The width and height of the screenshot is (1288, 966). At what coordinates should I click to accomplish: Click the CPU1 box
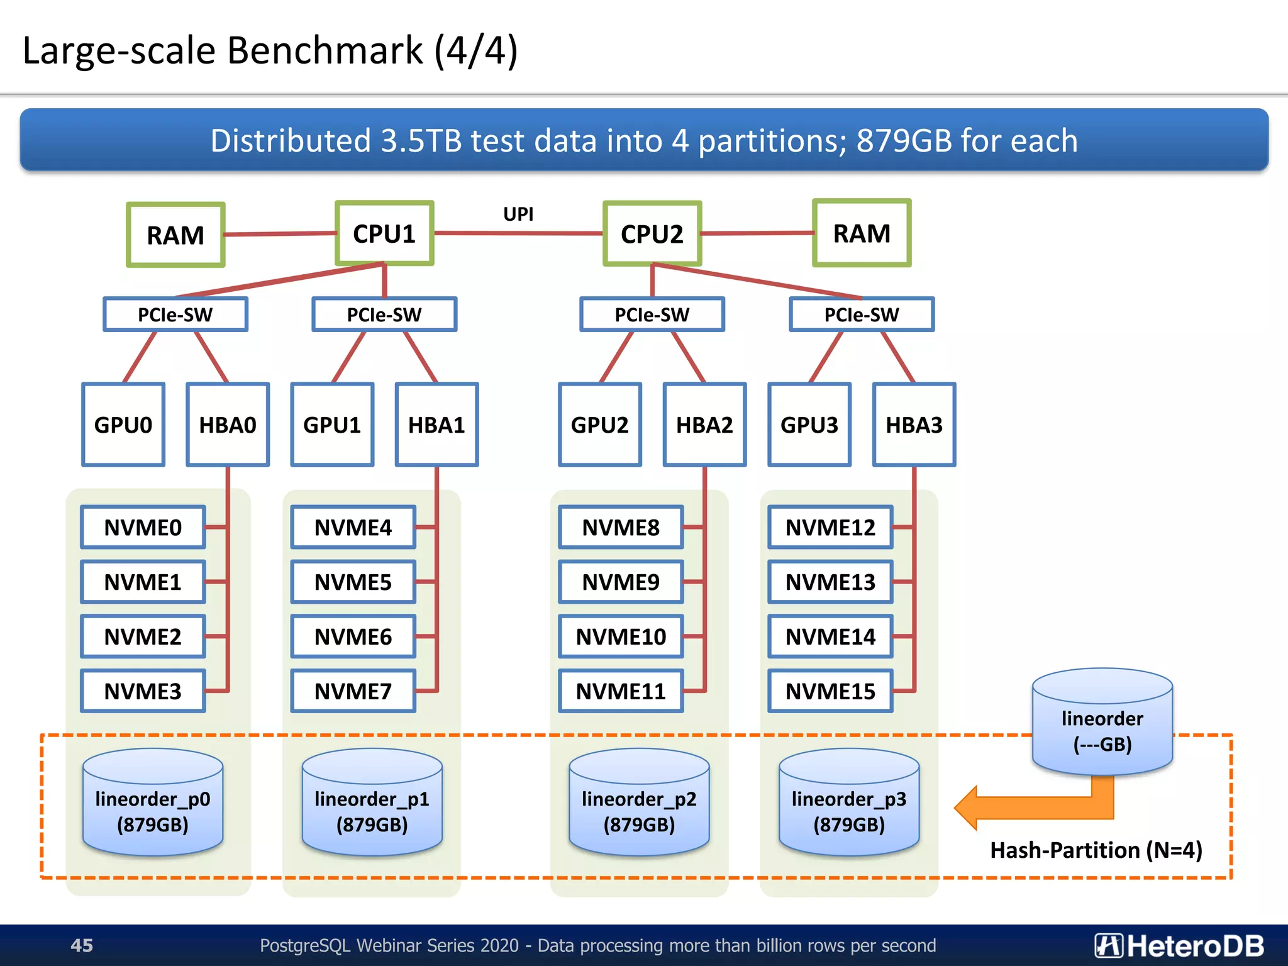[384, 233]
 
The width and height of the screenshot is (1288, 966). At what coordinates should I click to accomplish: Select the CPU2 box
[652, 234]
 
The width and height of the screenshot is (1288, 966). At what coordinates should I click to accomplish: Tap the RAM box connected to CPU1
[175, 235]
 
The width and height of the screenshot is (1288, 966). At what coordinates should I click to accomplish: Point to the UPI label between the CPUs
[518, 214]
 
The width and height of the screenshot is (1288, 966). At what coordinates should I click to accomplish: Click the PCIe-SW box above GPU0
[175, 314]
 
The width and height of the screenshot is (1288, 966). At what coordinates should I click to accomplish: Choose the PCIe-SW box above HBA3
[862, 314]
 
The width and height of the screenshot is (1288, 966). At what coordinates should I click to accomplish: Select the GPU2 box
[600, 425]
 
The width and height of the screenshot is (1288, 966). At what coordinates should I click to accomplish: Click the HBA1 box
[436, 425]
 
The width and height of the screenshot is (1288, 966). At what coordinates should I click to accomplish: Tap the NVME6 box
[353, 636]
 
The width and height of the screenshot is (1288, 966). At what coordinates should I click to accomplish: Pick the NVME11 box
[621, 691]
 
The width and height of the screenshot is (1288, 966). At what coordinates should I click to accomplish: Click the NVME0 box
[143, 527]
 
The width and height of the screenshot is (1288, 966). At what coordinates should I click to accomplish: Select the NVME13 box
[830, 582]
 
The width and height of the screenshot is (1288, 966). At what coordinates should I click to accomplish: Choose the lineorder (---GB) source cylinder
[1102, 723]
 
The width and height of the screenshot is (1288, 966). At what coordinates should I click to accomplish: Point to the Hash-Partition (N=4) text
[1096, 850]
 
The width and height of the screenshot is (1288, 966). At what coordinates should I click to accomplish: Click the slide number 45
[82, 945]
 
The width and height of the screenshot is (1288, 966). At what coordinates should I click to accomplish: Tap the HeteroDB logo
[1179, 945]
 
